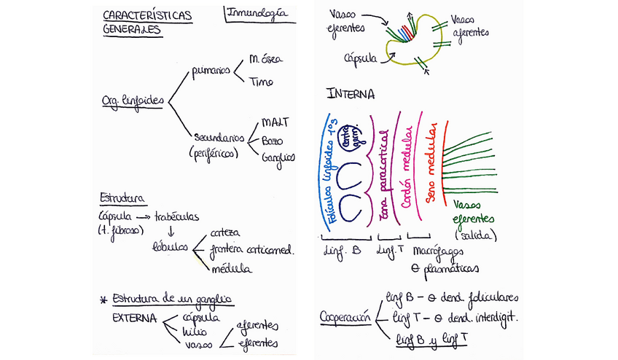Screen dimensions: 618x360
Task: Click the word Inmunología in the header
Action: (256, 13)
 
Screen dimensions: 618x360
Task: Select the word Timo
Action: (261, 82)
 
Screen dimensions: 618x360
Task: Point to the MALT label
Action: (275, 122)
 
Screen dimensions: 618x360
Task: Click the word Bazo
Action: (272, 139)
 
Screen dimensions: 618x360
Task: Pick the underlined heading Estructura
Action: (121, 198)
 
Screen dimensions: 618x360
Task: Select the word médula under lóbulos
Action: (232, 270)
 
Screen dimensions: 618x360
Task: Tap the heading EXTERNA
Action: (135, 318)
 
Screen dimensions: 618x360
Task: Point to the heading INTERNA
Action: (351, 94)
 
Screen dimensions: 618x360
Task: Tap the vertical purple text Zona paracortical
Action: (384, 168)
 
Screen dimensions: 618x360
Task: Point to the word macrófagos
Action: (438, 251)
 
